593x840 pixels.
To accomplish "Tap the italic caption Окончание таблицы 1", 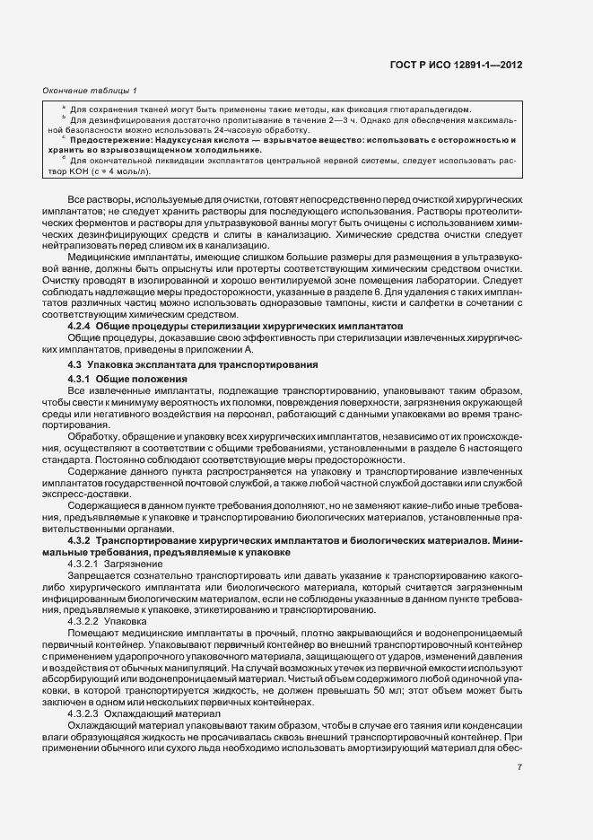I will (90, 91).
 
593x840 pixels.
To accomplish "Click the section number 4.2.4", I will (81, 325).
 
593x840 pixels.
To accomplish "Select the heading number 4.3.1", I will (81, 380).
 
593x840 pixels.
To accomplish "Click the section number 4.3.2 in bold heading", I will (81, 541).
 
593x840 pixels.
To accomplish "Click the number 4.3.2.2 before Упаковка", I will (83, 620).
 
